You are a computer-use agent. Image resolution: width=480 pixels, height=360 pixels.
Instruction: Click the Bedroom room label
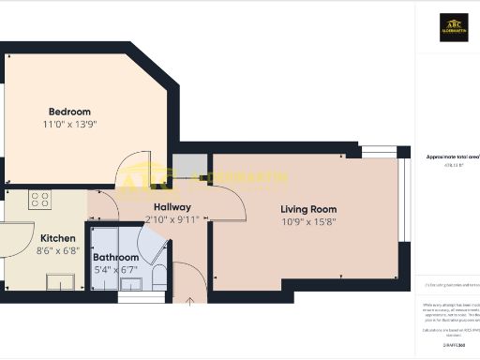click(69, 112)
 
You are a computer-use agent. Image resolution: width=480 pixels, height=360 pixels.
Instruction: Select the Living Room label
click(308, 209)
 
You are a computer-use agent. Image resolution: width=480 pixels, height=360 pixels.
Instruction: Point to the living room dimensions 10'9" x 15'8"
click(308, 222)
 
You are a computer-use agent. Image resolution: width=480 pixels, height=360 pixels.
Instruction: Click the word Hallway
click(172, 207)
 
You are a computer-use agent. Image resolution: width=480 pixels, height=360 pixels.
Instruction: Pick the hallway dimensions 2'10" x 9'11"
click(172, 219)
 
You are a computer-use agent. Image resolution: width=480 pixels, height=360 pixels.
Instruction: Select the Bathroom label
click(115, 257)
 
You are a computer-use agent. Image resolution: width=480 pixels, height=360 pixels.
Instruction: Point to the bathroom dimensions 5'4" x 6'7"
click(115, 270)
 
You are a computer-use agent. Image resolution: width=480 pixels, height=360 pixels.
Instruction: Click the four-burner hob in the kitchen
click(39, 200)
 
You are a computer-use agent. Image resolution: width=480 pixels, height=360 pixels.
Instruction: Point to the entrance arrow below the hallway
click(190, 301)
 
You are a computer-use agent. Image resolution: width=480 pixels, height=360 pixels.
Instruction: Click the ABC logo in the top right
click(455, 27)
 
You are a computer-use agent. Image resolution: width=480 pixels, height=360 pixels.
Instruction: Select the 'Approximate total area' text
click(454, 157)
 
